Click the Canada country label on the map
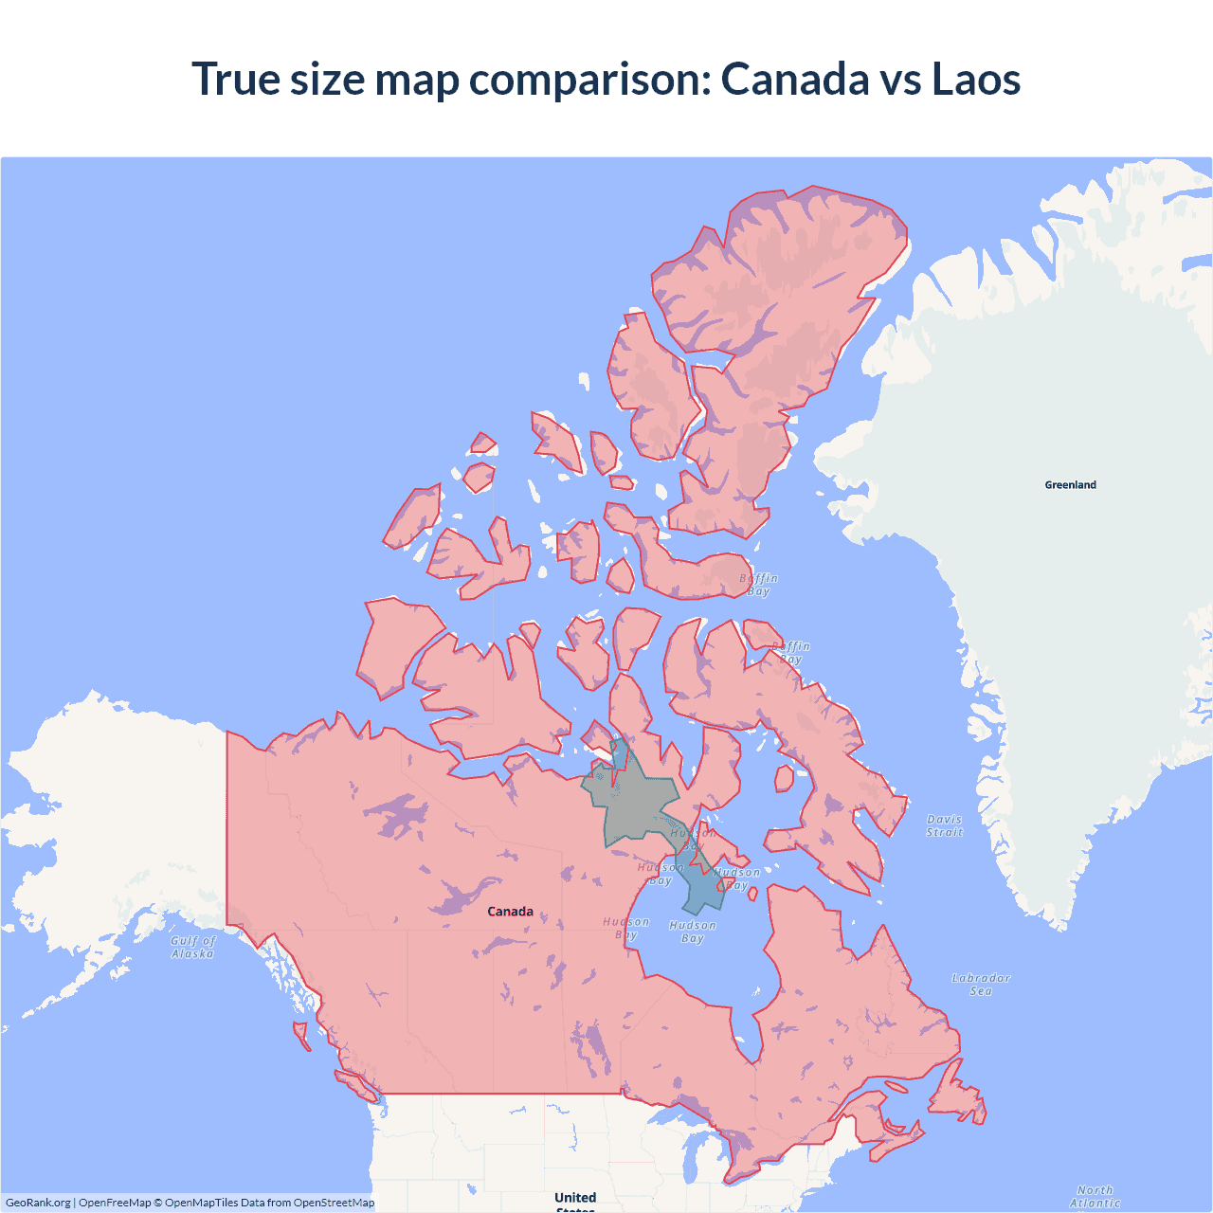510,912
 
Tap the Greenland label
1070,485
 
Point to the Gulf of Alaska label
193,947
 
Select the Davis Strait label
944,825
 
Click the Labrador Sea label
981,984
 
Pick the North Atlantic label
1095,1196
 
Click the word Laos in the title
976,79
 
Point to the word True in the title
236,79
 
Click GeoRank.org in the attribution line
38,1203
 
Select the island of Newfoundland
957,1099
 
